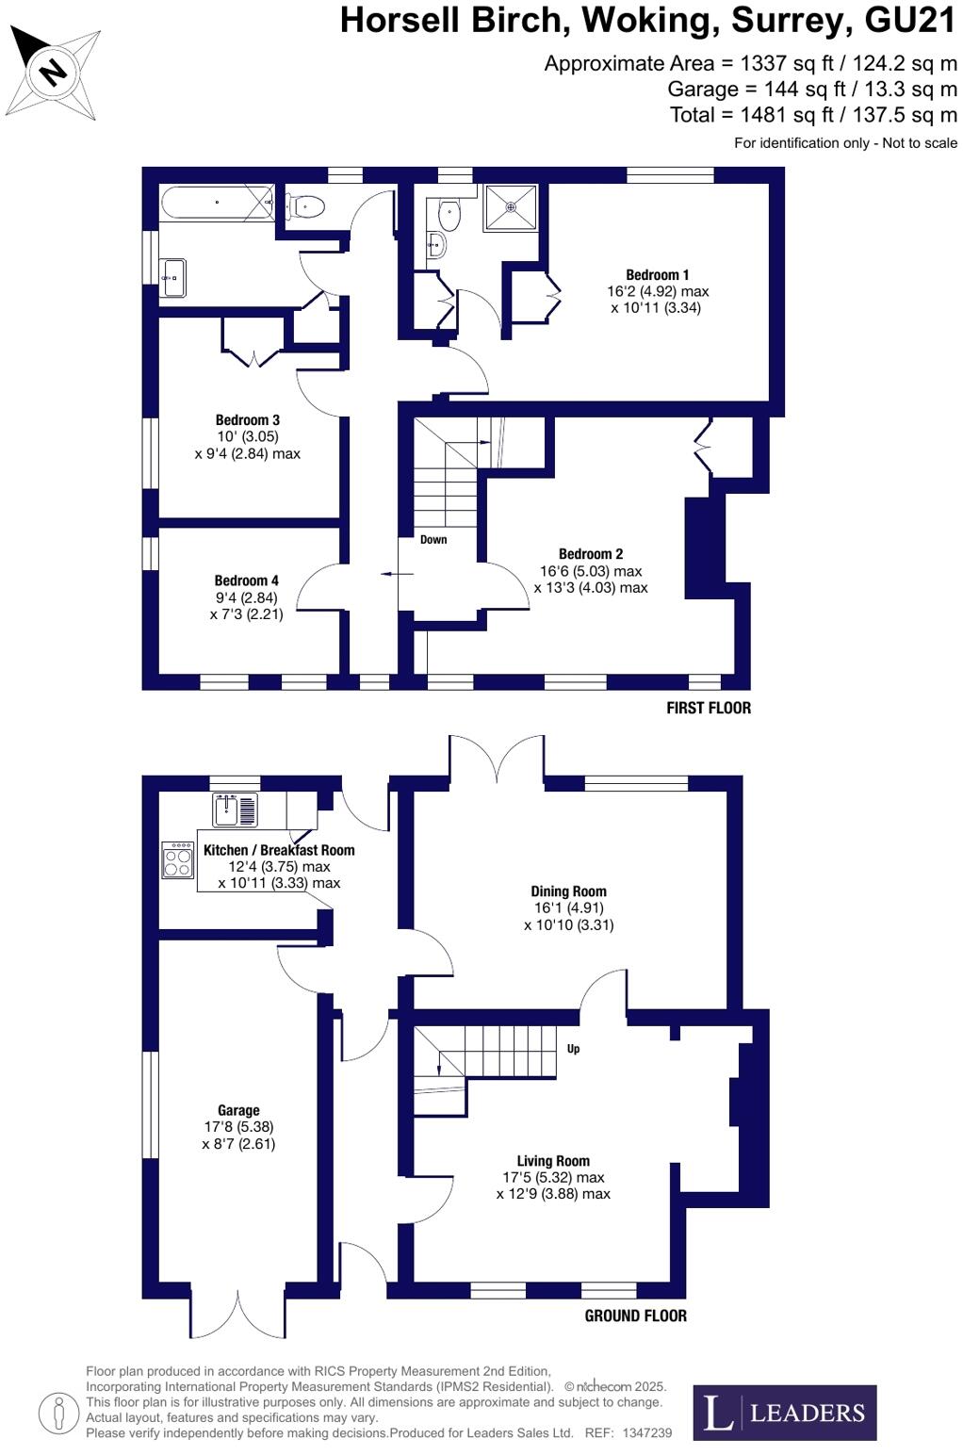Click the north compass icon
click(x=53, y=72)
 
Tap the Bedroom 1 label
click(x=657, y=275)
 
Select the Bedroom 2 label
click(x=591, y=554)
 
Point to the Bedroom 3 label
click(x=247, y=420)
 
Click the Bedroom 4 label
click(x=246, y=580)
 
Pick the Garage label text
click(x=238, y=1110)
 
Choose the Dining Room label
click(x=568, y=891)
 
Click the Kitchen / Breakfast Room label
click(x=279, y=850)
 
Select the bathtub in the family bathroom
click(x=217, y=203)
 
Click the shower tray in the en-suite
click(x=511, y=207)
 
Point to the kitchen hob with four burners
click(x=177, y=859)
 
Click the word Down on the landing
click(x=433, y=540)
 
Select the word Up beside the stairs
click(x=573, y=1049)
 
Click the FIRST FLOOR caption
click(x=708, y=708)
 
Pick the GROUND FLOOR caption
click(x=635, y=1316)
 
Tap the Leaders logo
click(x=784, y=1413)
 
